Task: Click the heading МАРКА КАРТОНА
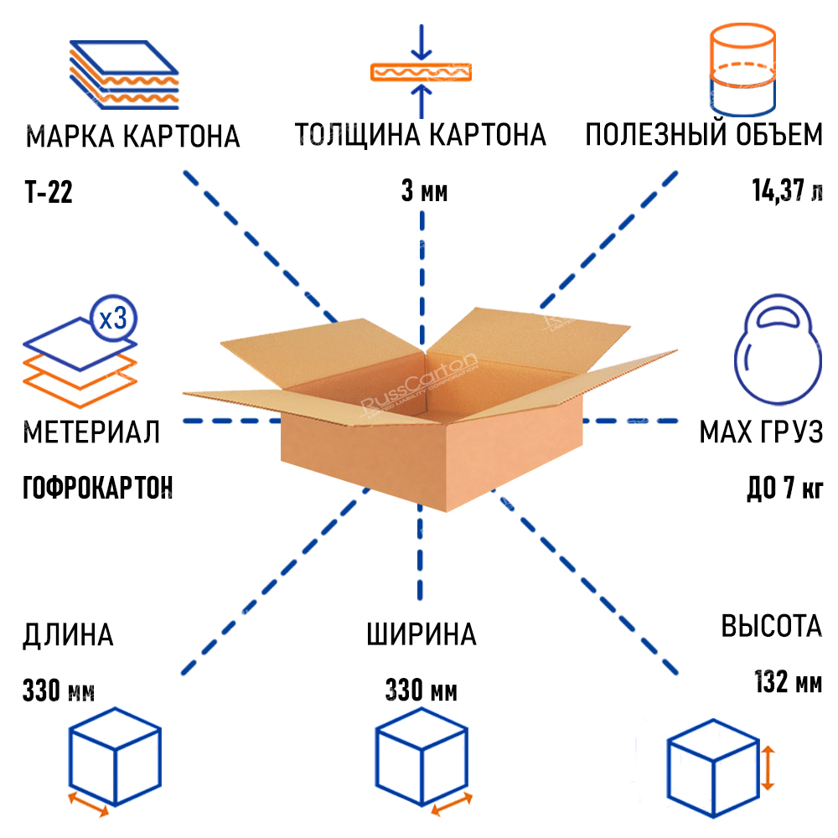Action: pos(133,136)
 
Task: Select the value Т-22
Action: pos(49,194)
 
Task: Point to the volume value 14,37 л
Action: pos(787,192)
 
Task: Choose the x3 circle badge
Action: pos(112,318)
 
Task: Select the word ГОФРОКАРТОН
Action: pos(98,486)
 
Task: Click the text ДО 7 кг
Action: pos(784,486)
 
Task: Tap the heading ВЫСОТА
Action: pos(771,627)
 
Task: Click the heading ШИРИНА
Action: pos(421,634)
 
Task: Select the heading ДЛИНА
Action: pos(69,634)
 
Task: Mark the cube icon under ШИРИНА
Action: pos(420,758)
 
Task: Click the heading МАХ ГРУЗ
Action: pos(761,432)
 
